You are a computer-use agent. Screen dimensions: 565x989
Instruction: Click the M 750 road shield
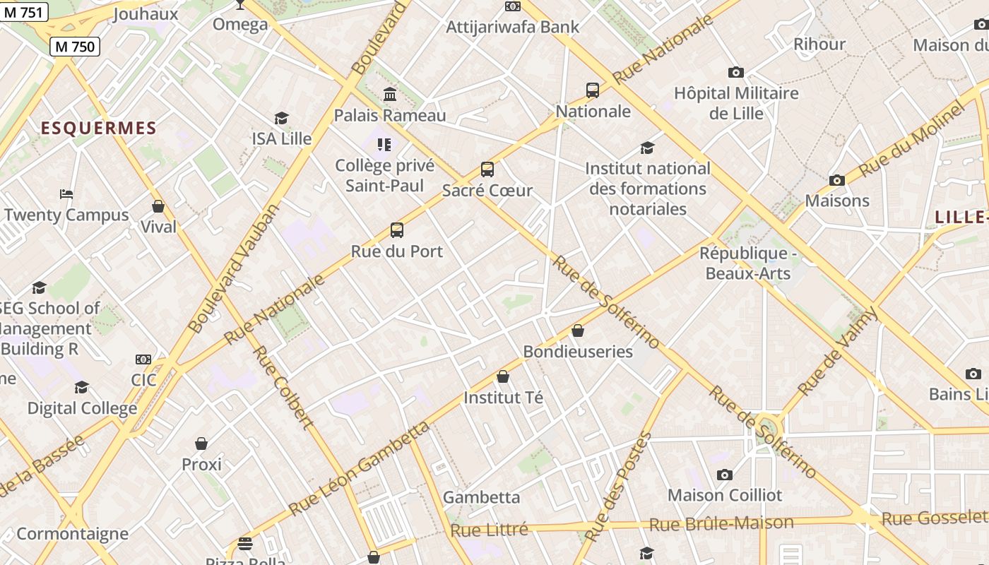pos(74,47)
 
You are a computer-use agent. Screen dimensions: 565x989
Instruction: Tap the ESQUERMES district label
pos(98,128)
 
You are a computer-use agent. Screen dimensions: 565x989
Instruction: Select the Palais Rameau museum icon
pos(389,94)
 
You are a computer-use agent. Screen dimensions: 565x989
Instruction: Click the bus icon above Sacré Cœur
pos(487,169)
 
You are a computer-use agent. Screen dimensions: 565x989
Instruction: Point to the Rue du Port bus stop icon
pos(397,230)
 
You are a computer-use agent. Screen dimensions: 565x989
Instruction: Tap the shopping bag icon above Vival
pos(158,206)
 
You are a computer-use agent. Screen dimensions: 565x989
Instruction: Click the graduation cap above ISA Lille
pos(282,118)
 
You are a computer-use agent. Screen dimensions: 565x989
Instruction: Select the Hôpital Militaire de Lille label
pos(736,103)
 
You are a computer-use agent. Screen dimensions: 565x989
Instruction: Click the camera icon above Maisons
pos(837,181)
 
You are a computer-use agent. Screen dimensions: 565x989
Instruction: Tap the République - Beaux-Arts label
pos(748,263)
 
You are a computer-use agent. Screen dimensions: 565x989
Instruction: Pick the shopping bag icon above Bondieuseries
pos(578,331)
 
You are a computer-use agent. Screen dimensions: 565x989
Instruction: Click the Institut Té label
pos(503,398)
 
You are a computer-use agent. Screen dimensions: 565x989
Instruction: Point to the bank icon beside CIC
pos(143,359)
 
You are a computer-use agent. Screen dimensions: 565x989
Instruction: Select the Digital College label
pos(82,408)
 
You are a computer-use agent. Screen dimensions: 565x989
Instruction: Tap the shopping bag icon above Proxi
pos(201,444)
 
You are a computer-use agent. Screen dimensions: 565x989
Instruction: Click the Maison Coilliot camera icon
pos(725,475)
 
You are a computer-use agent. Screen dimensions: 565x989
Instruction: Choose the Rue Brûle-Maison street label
pos(721,523)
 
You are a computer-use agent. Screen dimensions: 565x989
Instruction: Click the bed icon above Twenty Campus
pos(66,194)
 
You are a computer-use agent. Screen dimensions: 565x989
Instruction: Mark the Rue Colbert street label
pos(283,388)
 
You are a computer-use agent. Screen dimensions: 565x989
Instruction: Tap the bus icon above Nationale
pos(593,90)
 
